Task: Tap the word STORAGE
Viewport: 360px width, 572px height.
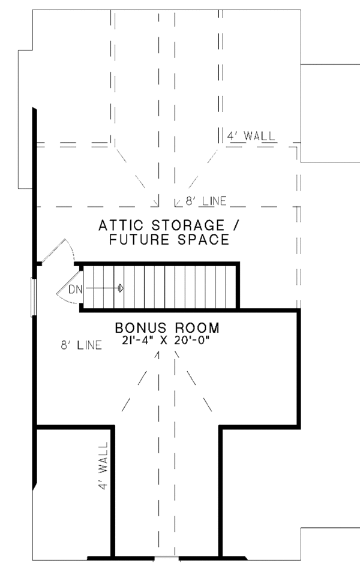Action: (x=188, y=225)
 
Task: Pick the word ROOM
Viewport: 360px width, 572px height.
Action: (x=197, y=327)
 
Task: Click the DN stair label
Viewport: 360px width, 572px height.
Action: (x=76, y=290)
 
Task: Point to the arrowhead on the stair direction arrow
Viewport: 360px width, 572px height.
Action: (x=121, y=288)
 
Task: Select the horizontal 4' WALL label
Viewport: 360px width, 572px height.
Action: (x=251, y=136)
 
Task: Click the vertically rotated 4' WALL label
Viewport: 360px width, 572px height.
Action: (x=103, y=465)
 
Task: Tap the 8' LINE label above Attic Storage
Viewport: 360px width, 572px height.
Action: (x=206, y=201)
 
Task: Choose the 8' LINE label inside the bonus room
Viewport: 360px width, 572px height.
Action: (x=81, y=345)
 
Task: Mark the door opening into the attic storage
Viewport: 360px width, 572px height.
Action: (x=58, y=251)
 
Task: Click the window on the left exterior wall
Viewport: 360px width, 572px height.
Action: (x=33, y=297)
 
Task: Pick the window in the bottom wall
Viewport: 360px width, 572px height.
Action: (x=166, y=558)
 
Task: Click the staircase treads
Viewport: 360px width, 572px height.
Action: (x=159, y=287)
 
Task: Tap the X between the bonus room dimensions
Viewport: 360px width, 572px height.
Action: (x=164, y=341)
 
